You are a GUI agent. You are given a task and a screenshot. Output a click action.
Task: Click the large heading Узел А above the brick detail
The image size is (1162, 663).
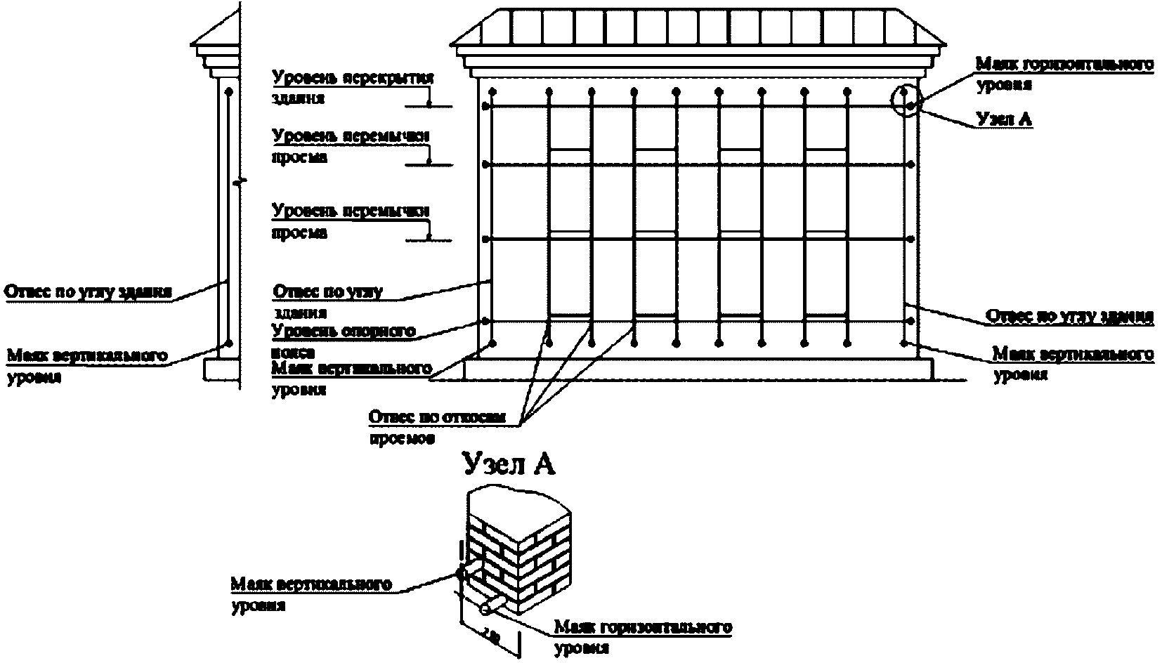[x=509, y=464]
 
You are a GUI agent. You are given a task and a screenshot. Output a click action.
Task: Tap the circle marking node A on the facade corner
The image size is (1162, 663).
[x=905, y=100]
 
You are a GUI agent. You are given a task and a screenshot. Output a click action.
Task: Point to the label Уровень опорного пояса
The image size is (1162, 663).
[x=343, y=339]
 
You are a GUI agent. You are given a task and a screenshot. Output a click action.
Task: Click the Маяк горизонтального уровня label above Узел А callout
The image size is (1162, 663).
[x=1064, y=73]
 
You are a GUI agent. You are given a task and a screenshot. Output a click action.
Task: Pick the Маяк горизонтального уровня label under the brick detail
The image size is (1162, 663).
[x=643, y=636]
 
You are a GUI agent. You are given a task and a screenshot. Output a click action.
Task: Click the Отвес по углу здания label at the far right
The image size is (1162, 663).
[x=1070, y=316]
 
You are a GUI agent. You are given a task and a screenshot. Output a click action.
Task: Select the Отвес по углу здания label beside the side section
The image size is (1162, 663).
[x=89, y=291]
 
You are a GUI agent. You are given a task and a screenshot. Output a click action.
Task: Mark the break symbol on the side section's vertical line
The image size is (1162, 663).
[x=240, y=182]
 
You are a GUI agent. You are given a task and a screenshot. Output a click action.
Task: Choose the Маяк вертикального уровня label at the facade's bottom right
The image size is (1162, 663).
[x=1072, y=362]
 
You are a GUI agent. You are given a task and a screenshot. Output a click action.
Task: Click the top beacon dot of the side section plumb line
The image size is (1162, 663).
[x=228, y=91]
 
